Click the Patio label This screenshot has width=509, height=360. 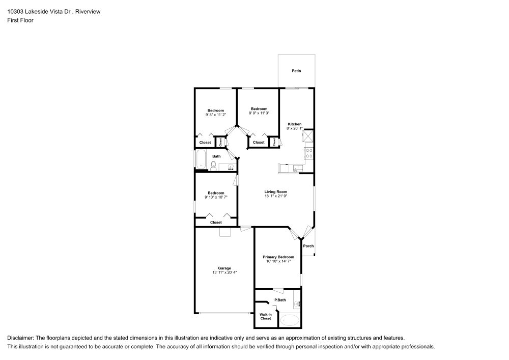[x=296, y=71]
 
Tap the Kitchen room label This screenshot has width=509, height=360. [x=295, y=124]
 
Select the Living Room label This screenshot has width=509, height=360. [x=275, y=192]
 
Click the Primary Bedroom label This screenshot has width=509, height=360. [x=278, y=257]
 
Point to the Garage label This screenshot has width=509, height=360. [x=224, y=268]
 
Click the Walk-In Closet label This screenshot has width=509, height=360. [x=266, y=317]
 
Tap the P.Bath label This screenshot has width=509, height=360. [x=279, y=300]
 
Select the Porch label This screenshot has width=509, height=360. [x=308, y=246]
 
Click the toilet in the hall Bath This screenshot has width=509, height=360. [x=214, y=164]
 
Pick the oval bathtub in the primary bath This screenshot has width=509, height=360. [x=291, y=320]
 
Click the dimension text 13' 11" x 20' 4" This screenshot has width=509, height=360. [x=224, y=273]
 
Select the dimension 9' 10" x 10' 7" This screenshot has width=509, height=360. [x=216, y=197]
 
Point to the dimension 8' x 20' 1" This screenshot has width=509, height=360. [x=295, y=128]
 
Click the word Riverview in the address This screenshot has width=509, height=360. [x=87, y=12]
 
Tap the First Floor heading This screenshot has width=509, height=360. [x=20, y=20]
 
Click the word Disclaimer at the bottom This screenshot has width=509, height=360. [x=20, y=338]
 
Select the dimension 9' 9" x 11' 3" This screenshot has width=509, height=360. [x=259, y=113]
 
